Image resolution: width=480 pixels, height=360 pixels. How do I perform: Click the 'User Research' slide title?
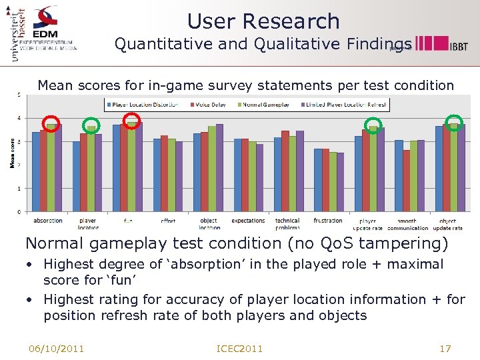[263, 21]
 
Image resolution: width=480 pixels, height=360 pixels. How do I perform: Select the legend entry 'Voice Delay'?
[211, 105]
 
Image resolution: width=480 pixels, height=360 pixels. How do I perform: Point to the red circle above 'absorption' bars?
[51, 123]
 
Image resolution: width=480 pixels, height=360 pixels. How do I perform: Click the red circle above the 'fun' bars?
[132, 120]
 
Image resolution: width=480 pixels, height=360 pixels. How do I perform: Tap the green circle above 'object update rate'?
[454, 123]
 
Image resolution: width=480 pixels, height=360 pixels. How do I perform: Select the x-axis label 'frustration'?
[327, 221]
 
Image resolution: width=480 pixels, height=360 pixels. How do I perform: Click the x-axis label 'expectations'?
[248, 221]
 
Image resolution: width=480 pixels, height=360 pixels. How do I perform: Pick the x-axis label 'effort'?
[168, 221]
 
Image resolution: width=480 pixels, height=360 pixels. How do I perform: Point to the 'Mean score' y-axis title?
[12, 153]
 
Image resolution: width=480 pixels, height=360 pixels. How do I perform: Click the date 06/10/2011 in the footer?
[56, 349]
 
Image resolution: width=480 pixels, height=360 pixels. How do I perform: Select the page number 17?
[445, 349]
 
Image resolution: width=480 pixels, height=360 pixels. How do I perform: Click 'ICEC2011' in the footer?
[240, 349]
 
